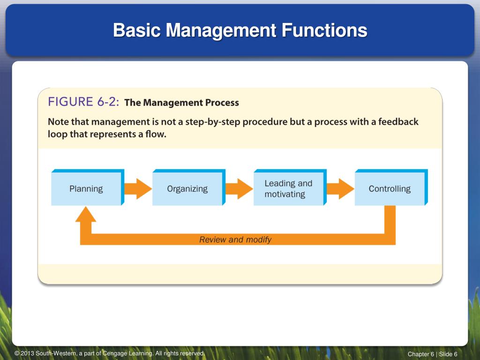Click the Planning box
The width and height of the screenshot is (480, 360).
tap(88, 187)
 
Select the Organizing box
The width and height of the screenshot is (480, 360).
tap(189, 187)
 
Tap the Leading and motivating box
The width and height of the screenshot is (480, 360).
tap(290, 187)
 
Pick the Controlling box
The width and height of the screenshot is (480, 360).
tap(391, 187)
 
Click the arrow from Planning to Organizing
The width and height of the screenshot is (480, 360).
tap(138, 189)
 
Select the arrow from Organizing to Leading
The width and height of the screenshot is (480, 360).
tap(240, 189)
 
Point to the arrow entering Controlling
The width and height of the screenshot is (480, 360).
tap(340, 189)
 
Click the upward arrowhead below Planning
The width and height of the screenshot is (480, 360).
tap(86, 214)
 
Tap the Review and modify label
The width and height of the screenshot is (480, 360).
tap(235, 240)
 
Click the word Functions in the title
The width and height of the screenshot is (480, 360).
tap(324, 30)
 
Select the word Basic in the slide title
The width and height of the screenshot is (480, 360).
tap(137, 30)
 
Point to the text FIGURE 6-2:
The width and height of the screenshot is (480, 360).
tap(83, 102)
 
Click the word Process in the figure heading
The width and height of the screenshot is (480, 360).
tap(222, 103)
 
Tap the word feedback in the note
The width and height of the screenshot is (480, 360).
tap(398, 121)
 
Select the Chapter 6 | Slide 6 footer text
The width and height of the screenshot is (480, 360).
tap(432, 354)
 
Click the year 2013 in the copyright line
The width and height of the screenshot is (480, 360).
tap(27, 353)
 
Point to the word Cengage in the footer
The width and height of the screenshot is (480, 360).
tap(114, 353)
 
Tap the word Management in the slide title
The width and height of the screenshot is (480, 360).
tap(221, 30)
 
